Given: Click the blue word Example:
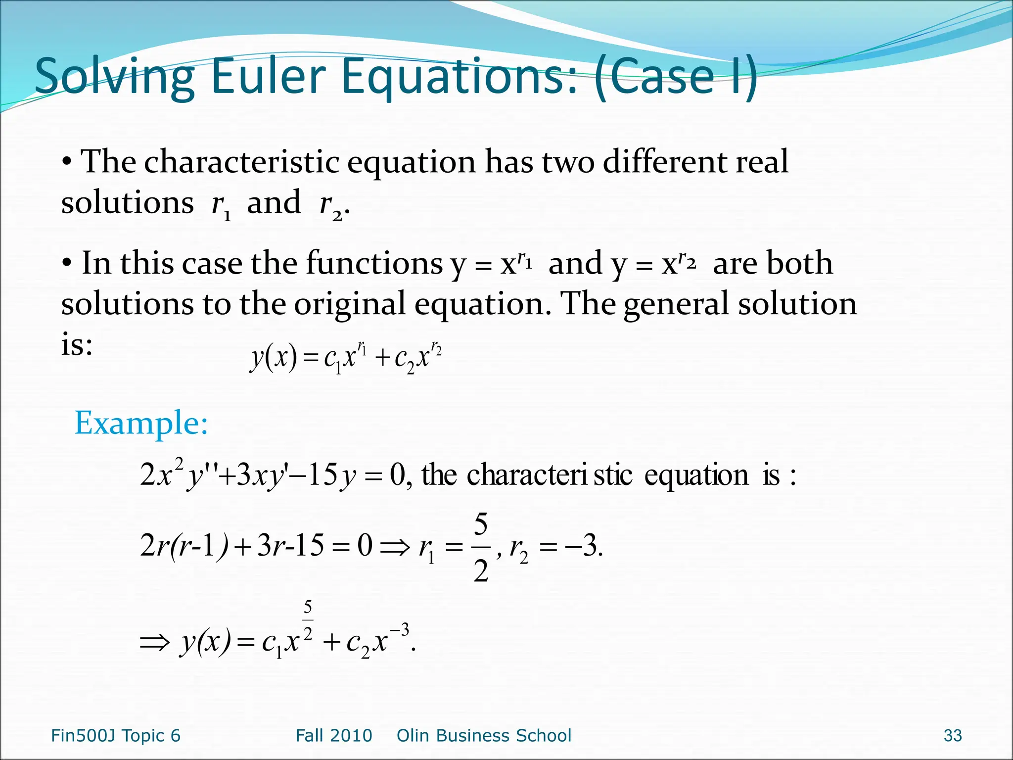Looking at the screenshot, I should coord(141,424).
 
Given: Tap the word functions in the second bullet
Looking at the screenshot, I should coord(374,263).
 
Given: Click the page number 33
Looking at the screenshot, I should coord(952,736).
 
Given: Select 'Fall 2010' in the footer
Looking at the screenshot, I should coord(334,736).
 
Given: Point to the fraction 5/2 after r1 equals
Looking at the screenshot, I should coord(481,548).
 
